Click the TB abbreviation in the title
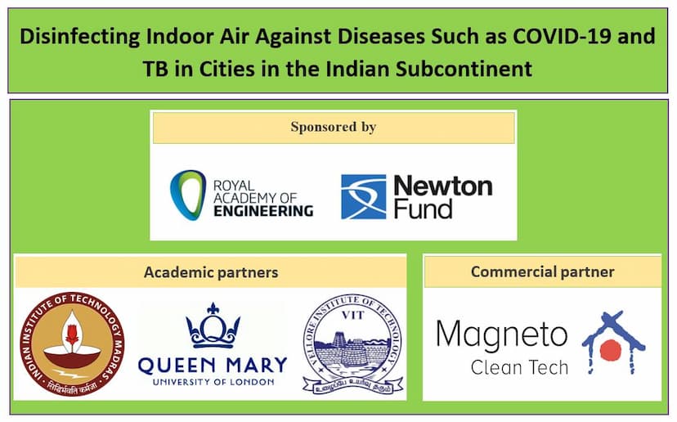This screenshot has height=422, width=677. coord(157,67)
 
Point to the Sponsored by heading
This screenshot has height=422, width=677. coord(333,128)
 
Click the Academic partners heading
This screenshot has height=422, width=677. coord(211,272)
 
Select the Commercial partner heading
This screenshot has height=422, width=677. coord(542,272)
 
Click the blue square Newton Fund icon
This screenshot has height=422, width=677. coord(363,196)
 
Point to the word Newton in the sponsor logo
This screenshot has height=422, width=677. coord(442,186)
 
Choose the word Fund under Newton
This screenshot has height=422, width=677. coord(423,209)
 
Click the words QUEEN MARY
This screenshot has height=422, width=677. coord(212,364)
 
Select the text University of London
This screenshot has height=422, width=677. coord(212,381)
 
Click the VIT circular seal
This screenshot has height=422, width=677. coord(352,344)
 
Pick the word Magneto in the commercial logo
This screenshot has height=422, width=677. coord(501,334)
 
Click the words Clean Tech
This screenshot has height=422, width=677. coord(519,367)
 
